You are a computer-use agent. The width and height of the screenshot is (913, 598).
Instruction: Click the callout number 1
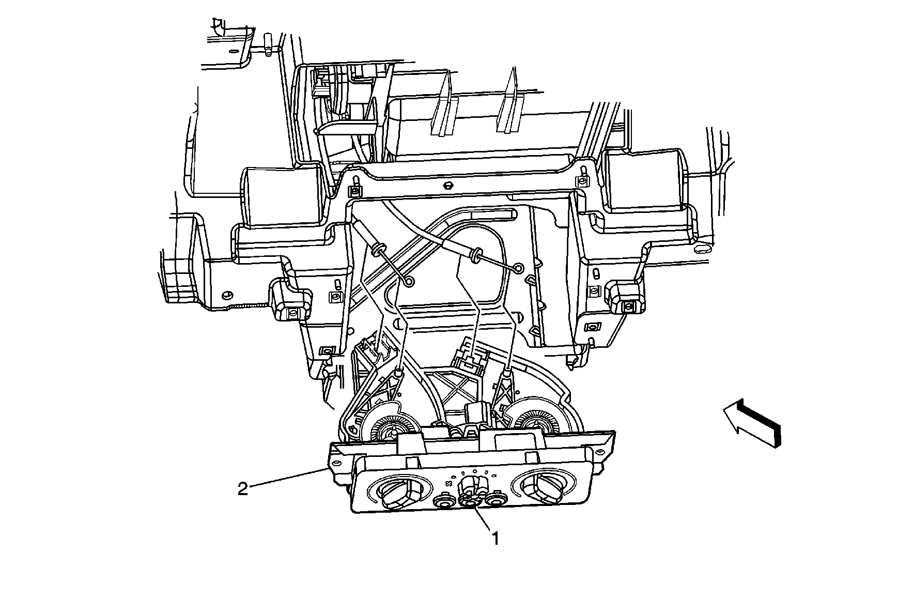(495, 539)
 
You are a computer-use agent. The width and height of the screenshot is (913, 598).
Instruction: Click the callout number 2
(242, 488)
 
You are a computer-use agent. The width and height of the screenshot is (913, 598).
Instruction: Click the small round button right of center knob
(496, 500)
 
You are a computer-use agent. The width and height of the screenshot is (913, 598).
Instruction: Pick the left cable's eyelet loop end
(409, 281)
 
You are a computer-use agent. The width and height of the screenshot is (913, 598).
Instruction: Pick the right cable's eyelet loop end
(519, 268)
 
